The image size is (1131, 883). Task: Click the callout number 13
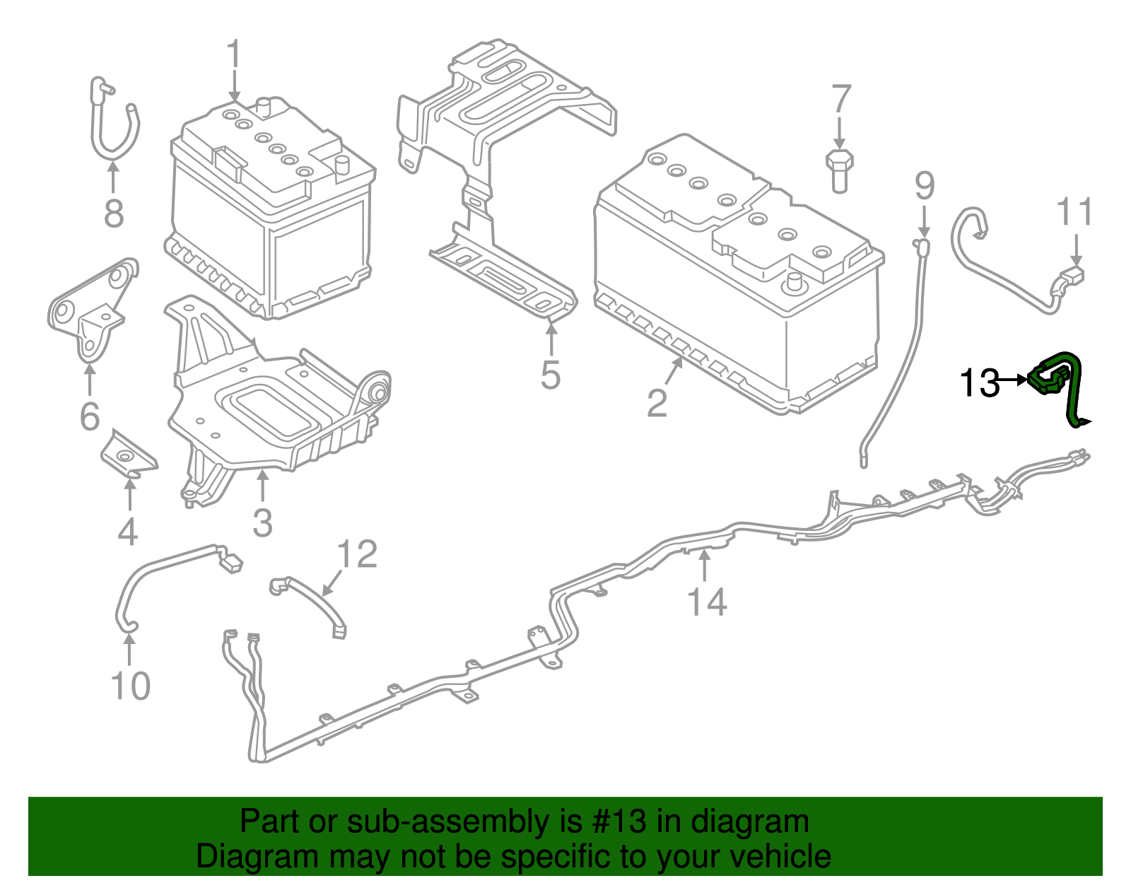pos(980,383)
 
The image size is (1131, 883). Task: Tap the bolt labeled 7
pos(839,170)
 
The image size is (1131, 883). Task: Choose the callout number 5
pos(551,375)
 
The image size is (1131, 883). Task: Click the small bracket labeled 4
pos(128,455)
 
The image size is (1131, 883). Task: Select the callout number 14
pos(707,602)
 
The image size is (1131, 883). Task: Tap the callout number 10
pos(131,686)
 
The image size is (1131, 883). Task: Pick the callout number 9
pos(925,185)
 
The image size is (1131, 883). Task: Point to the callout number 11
pos(1074,212)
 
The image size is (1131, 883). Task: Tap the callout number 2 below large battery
pos(657,403)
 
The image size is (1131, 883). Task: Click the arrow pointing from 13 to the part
pos(1014,380)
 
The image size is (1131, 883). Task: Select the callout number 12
pos(357,554)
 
